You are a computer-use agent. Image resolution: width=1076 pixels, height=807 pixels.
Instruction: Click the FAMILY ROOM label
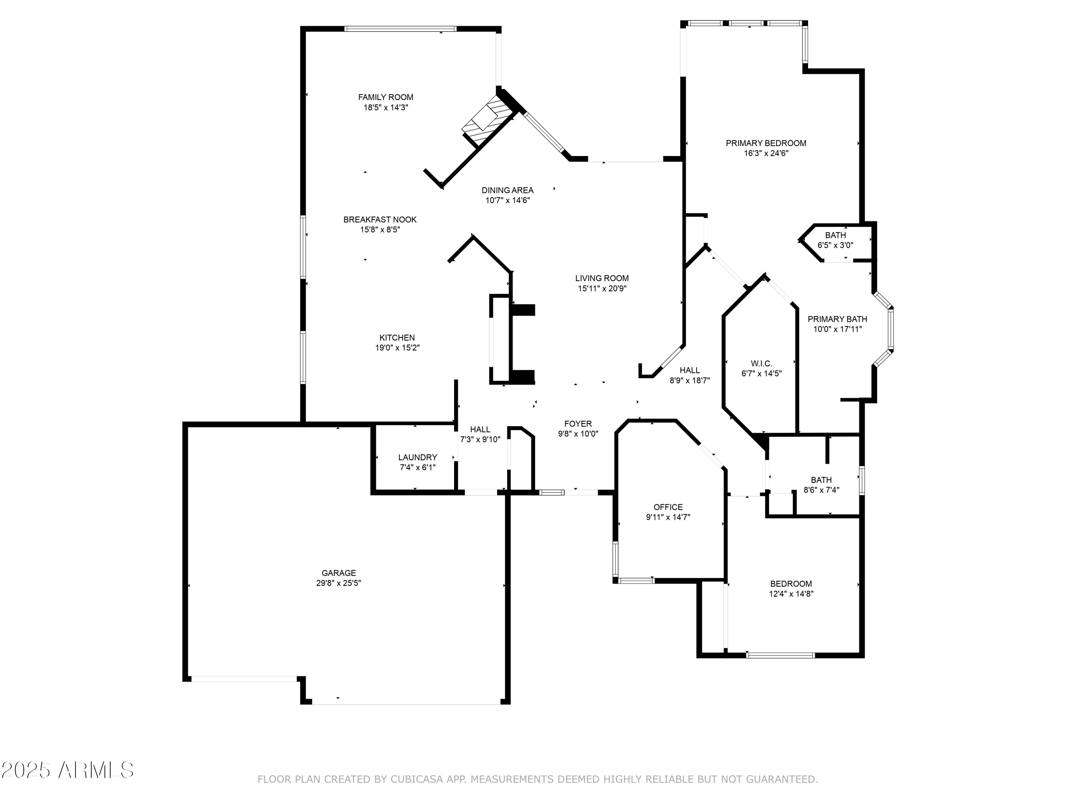coord(385,97)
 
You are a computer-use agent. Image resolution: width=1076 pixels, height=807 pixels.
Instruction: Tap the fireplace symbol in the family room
coord(486,119)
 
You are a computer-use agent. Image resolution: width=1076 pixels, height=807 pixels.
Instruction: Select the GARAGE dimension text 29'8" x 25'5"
coord(339,583)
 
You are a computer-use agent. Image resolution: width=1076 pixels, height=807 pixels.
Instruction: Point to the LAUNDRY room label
coord(417,457)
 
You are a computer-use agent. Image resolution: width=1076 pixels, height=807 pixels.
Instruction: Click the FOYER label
coord(578,424)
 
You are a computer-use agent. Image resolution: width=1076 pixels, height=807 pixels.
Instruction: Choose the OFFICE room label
coord(668,507)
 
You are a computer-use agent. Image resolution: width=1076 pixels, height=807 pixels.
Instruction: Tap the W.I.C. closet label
coord(761,363)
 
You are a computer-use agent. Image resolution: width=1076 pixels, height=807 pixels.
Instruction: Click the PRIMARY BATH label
coord(837,319)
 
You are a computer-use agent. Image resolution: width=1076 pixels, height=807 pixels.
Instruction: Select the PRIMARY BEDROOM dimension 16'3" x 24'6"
coord(766,153)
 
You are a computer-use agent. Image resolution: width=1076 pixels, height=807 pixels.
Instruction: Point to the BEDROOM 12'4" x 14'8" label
coord(791,584)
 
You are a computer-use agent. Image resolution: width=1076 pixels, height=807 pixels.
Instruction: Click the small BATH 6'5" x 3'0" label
coord(835,235)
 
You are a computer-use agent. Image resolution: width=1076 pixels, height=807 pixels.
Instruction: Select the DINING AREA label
coord(508,190)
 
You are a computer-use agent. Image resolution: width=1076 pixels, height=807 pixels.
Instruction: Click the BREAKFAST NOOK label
coord(380,220)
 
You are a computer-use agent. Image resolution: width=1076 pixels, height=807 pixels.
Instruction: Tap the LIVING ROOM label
coord(602,278)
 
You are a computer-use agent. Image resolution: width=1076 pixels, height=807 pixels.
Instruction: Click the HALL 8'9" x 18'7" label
coord(690,370)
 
